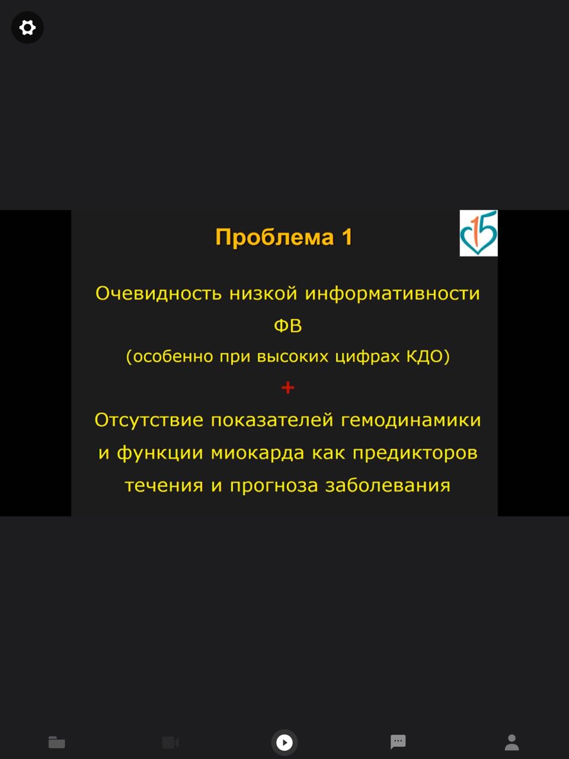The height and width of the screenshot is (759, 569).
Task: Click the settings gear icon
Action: [x=27, y=27]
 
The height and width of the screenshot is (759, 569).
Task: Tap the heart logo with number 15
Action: [x=478, y=233]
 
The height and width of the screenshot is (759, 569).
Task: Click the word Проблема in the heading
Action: [x=274, y=237]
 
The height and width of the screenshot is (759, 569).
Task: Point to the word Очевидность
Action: [x=158, y=294]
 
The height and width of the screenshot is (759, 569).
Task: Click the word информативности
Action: [x=392, y=294]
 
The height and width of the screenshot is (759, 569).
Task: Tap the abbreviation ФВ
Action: [x=288, y=326]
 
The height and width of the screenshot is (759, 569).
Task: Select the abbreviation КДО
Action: [x=424, y=356]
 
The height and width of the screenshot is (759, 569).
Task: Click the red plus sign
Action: [x=288, y=388]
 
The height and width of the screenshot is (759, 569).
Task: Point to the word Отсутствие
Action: [x=149, y=420]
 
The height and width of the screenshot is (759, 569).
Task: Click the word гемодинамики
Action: [x=411, y=420]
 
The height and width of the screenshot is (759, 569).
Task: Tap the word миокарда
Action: [x=257, y=452]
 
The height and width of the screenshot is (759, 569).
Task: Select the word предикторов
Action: [x=415, y=452]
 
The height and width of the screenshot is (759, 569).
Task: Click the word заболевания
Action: [x=388, y=485]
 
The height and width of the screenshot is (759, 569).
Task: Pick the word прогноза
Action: [x=274, y=486]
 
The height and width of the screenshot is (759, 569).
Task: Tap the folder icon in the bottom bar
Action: [x=57, y=742]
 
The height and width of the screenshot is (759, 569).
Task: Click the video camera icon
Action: [x=170, y=742]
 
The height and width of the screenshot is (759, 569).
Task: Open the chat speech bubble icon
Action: [x=398, y=742]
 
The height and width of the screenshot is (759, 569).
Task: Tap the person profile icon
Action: [x=512, y=742]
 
